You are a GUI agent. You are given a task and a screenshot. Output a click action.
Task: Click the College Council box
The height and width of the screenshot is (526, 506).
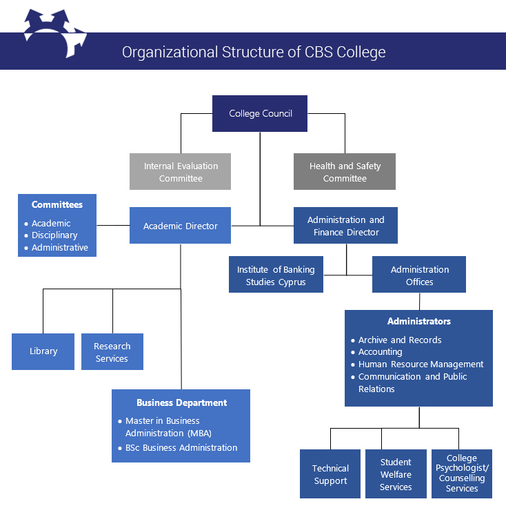(x=260, y=114)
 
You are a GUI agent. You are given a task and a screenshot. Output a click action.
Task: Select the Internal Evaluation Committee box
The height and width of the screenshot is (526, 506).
(x=180, y=172)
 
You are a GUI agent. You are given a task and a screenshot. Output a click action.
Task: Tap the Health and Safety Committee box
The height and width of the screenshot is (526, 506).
(x=345, y=172)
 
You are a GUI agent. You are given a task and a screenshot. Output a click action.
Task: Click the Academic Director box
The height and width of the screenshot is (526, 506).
(x=180, y=226)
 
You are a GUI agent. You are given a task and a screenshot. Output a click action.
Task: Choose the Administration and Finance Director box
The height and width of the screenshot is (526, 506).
(x=345, y=226)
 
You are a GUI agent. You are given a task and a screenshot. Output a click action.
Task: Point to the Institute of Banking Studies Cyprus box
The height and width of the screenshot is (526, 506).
(x=276, y=275)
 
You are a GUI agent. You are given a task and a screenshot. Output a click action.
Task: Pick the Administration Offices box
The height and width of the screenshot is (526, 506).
(x=419, y=275)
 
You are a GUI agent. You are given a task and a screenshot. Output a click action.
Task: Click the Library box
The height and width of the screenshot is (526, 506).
(x=43, y=351)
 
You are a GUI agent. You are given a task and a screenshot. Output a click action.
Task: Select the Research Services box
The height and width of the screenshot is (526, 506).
(x=112, y=352)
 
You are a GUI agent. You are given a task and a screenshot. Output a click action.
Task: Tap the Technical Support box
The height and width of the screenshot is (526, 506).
(x=330, y=474)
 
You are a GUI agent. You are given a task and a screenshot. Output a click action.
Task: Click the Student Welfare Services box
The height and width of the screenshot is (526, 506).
(x=396, y=474)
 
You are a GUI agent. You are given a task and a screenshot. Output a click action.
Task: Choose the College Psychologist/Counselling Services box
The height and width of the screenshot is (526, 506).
(x=462, y=474)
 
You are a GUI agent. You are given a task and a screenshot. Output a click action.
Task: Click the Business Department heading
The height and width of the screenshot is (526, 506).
(x=181, y=402)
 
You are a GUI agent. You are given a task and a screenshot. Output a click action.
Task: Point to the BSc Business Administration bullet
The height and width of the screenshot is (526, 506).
(x=181, y=448)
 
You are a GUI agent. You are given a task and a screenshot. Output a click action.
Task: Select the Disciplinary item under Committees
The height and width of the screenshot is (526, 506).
(x=54, y=235)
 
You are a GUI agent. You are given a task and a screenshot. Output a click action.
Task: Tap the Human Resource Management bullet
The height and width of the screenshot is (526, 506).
(x=421, y=364)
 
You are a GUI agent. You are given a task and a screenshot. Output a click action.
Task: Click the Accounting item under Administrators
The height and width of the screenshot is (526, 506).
(x=380, y=352)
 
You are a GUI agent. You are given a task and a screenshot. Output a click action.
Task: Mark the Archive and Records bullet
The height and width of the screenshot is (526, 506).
(x=400, y=340)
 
